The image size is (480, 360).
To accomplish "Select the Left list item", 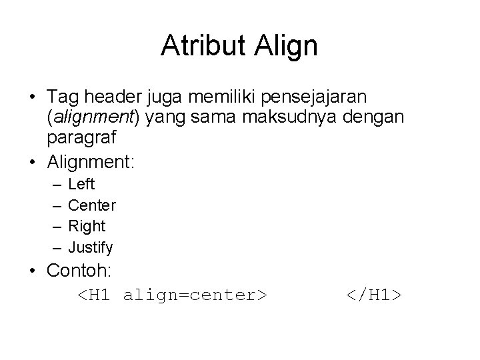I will pyautogui.click(x=81, y=184).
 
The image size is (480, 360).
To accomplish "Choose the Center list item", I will pyautogui.click(x=92, y=205).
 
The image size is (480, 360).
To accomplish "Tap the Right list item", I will pyautogui.click(x=87, y=226).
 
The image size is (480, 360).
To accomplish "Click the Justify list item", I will pyautogui.click(x=91, y=248).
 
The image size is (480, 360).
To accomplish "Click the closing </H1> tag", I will pyautogui.click(x=373, y=294).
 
